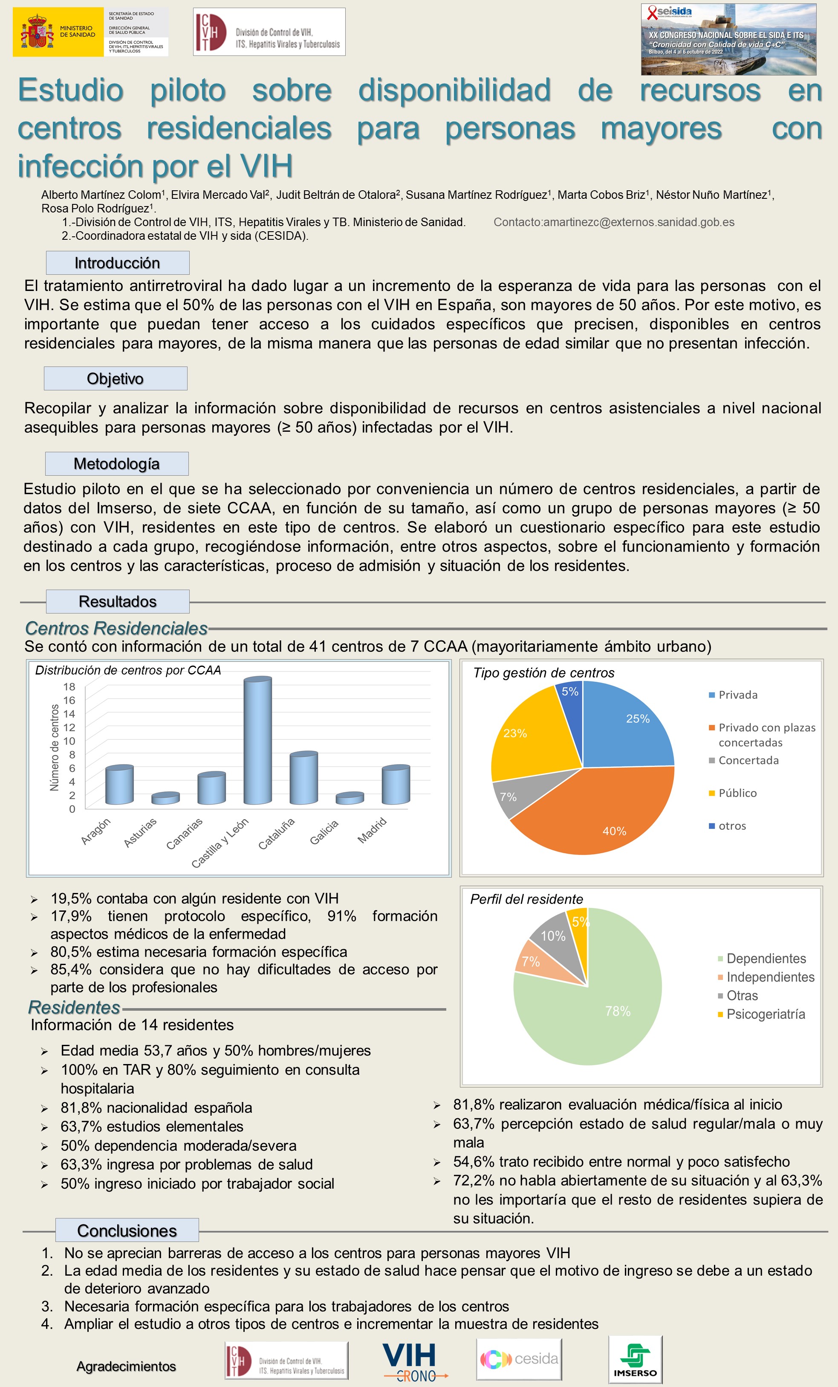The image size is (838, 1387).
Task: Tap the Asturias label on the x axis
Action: [x=140, y=832]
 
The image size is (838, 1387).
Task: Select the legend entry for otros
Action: [x=732, y=826]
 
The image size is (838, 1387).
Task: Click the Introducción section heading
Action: [x=118, y=263]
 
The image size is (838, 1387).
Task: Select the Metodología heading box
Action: [x=117, y=464]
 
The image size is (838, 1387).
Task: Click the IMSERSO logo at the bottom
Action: [x=635, y=1359]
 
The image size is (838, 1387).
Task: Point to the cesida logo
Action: [x=519, y=1359]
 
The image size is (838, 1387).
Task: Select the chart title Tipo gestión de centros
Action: [x=543, y=673]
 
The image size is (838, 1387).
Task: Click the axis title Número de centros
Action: [x=55, y=747]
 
